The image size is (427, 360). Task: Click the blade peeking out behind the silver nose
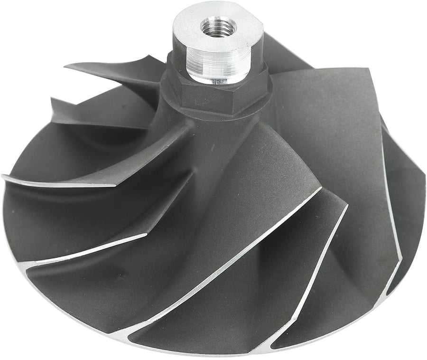click(x=280, y=52)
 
